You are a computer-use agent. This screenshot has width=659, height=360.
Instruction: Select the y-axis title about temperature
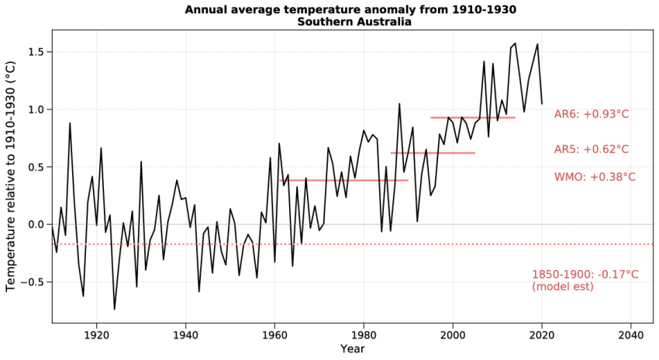click(11, 177)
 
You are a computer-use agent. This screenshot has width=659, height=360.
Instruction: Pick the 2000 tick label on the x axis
click(453, 334)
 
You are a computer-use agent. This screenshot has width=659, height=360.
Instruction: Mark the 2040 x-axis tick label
click(630, 334)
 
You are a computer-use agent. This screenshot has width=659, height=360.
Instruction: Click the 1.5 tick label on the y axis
click(36, 52)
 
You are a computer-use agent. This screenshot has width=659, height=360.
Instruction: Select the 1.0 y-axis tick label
click(36, 109)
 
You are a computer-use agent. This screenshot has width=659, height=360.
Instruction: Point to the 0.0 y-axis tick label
click(36, 224)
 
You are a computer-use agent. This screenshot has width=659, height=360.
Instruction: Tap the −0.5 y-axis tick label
click(33, 282)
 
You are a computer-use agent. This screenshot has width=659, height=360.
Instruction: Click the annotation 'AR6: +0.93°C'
click(592, 115)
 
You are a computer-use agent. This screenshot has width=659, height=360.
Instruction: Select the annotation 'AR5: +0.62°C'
click(592, 150)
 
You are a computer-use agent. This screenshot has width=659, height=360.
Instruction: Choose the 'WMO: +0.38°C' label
click(595, 177)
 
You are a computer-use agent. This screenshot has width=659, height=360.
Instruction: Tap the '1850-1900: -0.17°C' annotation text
click(585, 275)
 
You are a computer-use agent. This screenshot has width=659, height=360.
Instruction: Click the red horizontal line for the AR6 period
click(473, 117)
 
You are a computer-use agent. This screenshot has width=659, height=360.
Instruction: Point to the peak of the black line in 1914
click(70, 123)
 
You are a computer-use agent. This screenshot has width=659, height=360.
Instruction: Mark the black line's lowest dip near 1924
click(115, 309)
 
